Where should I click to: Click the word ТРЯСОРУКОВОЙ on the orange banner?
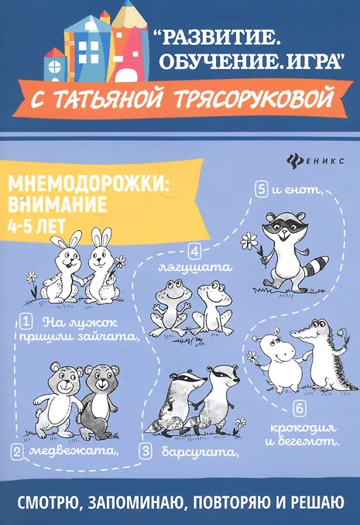click(x=254, y=97)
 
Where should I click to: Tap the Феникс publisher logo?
click(x=315, y=161)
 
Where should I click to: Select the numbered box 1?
click(x=26, y=322)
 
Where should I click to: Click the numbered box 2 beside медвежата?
click(x=17, y=451)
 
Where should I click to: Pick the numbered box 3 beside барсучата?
click(x=146, y=451)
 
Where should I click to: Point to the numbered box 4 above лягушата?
click(x=194, y=252)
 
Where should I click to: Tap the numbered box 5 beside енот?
click(x=262, y=190)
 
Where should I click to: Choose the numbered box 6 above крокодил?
click(x=299, y=409)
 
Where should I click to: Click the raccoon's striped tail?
click(x=318, y=266)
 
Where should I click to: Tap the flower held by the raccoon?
click(x=249, y=241)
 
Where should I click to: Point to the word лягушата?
click(x=195, y=268)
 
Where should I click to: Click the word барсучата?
click(x=201, y=452)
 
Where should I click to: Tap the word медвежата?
click(x=74, y=451)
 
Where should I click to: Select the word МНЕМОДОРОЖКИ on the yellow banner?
click(x=88, y=184)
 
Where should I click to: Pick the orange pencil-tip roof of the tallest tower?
click(x=129, y=14)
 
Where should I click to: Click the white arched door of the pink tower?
click(x=126, y=74)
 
